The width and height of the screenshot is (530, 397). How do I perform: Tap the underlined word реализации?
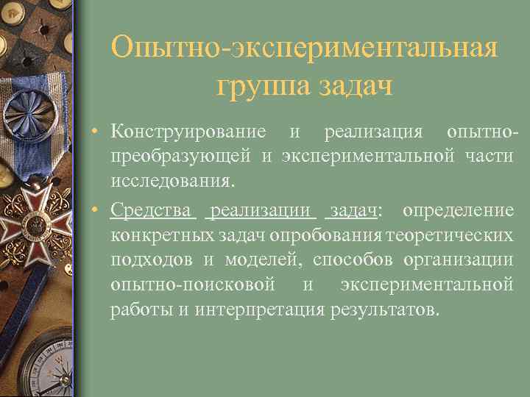tap(261, 212)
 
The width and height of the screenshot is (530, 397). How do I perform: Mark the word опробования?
tap(326, 236)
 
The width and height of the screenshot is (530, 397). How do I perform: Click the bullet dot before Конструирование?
tap(98, 132)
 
